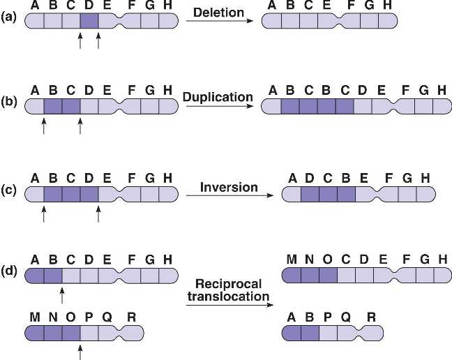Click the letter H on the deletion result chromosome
[388, 5]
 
